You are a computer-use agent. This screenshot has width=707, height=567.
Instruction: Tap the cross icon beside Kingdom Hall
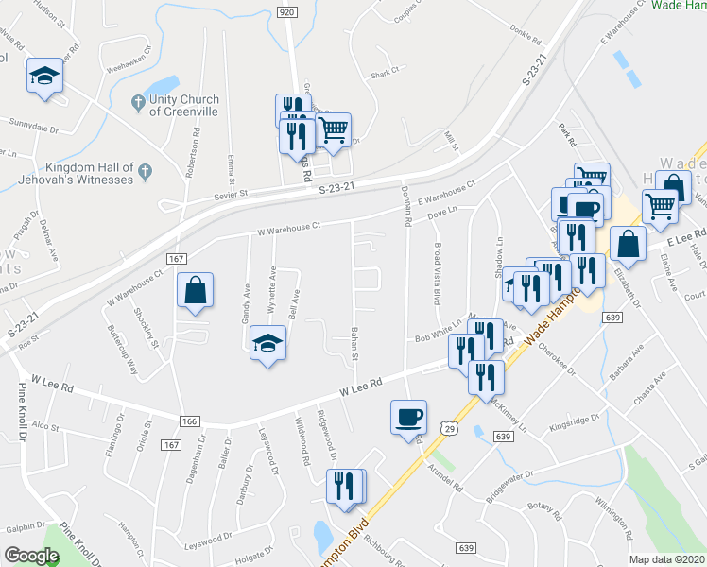coord(145,172)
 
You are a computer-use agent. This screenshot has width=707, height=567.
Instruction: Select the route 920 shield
coord(287,10)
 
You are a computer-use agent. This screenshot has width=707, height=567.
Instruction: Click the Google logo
coord(31,556)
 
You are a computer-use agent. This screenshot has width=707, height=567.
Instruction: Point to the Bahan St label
coord(354,343)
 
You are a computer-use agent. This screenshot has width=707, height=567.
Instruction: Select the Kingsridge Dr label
coord(578,419)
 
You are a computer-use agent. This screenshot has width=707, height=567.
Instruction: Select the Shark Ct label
coord(386,72)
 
